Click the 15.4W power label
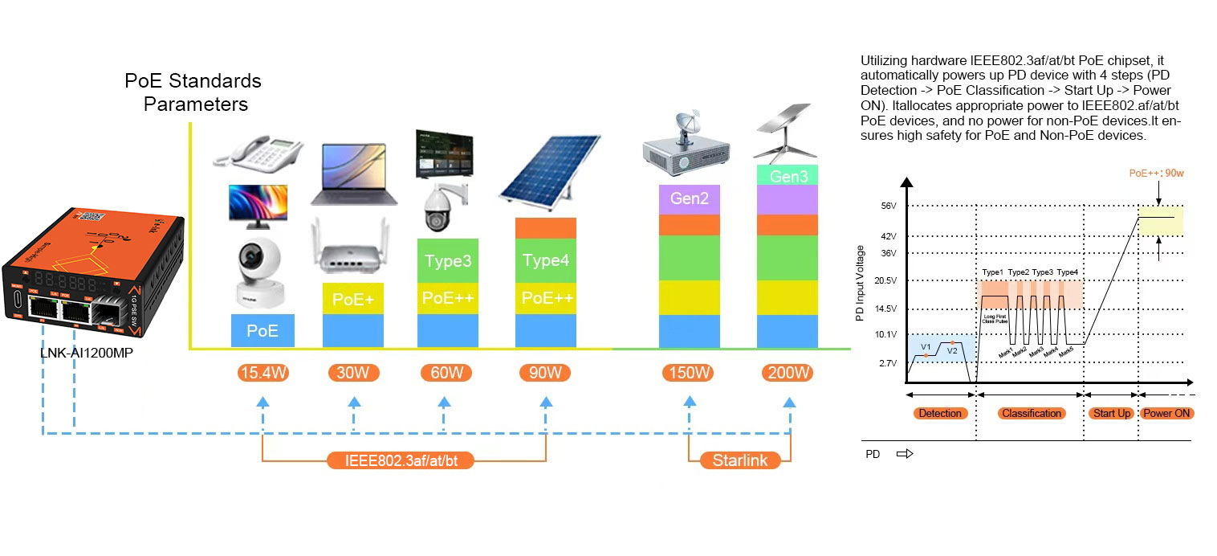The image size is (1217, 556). [x=263, y=373]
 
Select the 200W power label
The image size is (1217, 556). [x=788, y=373]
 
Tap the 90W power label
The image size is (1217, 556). [x=545, y=373]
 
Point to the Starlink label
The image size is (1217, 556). [x=739, y=460]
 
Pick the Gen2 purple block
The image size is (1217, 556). [x=690, y=198]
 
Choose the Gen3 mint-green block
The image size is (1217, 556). [x=788, y=175]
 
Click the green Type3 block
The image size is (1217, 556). [x=448, y=260]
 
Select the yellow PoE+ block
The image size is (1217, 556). [x=353, y=299]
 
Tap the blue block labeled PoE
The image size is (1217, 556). [x=263, y=330]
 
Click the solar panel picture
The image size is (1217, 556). [x=549, y=170]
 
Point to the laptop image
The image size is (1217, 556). [x=353, y=174]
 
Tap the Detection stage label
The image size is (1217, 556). [x=939, y=413]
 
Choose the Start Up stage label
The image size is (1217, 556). [x=1111, y=413]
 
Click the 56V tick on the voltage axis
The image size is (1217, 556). [x=888, y=206]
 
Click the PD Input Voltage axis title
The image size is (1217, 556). [x=860, y=284]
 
